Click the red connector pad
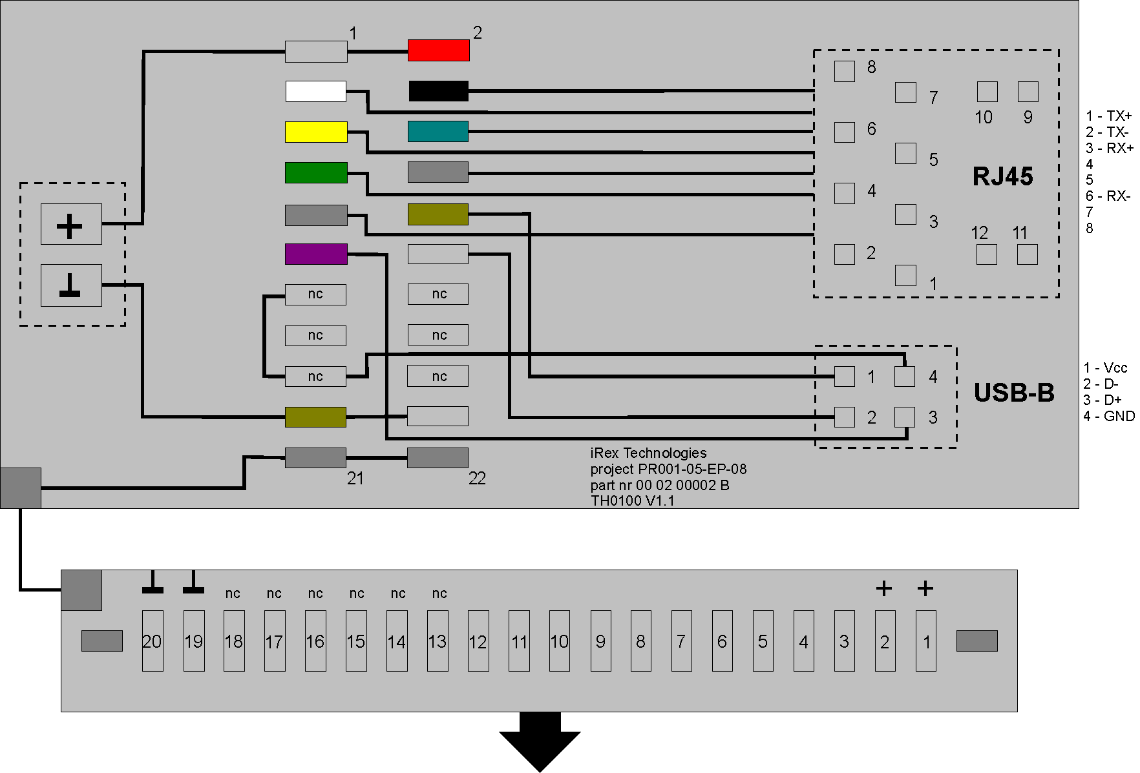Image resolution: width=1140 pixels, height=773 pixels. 438,50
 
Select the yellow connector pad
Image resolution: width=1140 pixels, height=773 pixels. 316,132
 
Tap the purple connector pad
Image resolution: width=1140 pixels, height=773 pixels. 316,254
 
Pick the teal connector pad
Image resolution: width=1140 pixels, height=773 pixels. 438,131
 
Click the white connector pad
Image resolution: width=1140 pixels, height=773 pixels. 316,91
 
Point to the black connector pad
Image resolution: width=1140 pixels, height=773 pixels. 438,91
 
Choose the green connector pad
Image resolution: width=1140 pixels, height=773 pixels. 316,172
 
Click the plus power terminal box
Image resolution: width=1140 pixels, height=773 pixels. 71,224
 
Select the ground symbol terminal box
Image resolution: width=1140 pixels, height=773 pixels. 71,285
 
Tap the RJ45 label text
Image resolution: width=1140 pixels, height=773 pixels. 1002,176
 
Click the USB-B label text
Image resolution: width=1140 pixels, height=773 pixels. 1013,393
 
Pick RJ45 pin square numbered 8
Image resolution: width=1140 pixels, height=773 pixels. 845,71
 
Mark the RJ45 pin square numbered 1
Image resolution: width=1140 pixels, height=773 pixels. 905,275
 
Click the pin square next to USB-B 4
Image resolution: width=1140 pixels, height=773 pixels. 905,376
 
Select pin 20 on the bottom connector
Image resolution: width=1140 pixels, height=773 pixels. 153,641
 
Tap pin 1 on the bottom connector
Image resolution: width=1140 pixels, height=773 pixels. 926,641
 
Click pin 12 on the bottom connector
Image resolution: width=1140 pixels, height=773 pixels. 478,641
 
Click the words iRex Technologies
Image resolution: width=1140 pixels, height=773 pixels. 648,453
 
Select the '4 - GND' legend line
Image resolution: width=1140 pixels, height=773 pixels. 1109,416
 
